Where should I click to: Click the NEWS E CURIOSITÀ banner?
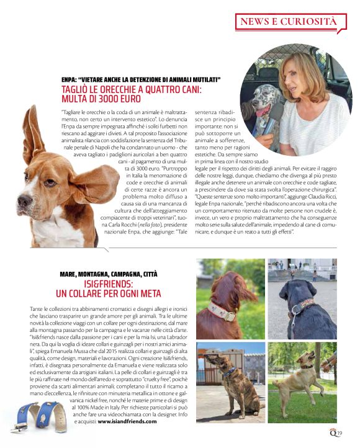pyautogui.click(x=289, y=22)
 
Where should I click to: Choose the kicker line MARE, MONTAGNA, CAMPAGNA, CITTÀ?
pyautogui.click(x=109, y=273)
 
